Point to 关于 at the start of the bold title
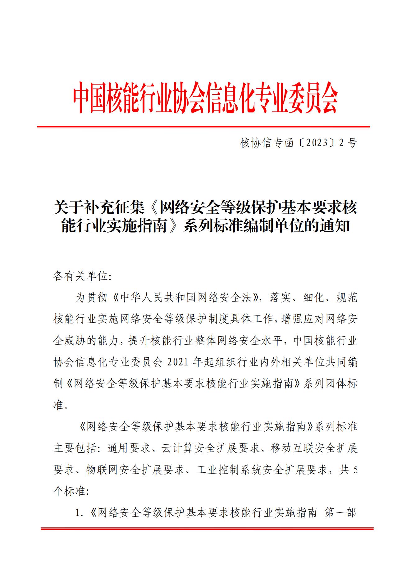coord(69,207)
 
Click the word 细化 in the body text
coord(316,297)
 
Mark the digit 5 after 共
coord(355,470)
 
